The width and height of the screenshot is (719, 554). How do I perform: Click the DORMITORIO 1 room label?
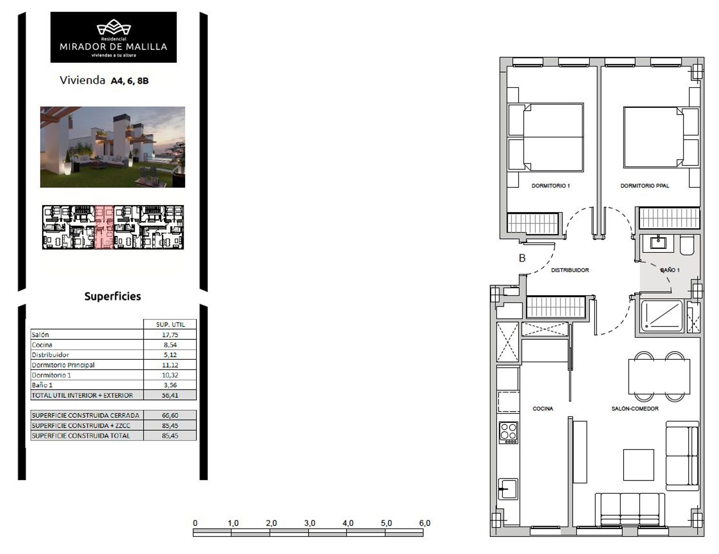[551, 186]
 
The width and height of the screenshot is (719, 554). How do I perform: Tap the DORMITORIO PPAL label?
[645, 186]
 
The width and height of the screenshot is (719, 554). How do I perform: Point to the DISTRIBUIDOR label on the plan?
[570, 270]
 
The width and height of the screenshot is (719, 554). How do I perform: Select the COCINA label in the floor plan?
[543, 409]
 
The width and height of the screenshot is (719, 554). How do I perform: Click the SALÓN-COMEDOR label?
[635, 409]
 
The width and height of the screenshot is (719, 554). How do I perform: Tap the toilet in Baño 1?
[687, 245]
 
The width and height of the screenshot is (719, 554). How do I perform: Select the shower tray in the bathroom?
[662, 316]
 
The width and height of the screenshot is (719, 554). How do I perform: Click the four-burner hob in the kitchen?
[509, 432]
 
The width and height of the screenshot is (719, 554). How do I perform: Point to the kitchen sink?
[508, 489]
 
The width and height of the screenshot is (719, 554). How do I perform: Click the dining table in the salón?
[659, 376]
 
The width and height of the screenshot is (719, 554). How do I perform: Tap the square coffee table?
[638, 465]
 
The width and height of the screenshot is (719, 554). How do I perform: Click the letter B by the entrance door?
[522, 258]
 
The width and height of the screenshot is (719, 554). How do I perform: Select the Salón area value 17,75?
[170, 335]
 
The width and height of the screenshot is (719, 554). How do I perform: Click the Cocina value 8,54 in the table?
[170, 345]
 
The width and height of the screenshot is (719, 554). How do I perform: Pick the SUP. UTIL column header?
[170, 324]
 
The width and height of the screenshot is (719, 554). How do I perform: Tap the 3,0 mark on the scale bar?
[310, 523]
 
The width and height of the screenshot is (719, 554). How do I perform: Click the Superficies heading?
[113, 296]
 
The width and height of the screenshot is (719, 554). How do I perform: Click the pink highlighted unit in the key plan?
[104, 227]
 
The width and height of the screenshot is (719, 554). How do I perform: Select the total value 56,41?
[170, 395]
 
